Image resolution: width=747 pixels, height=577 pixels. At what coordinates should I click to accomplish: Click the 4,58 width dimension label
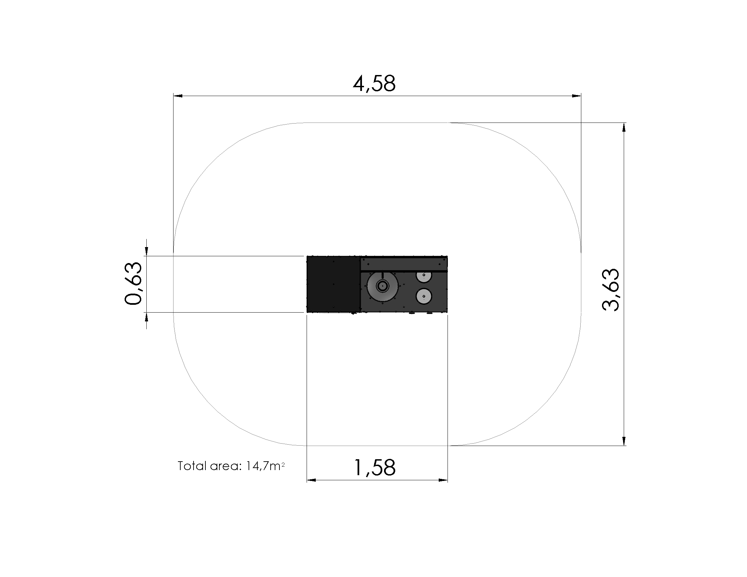coord(374,83)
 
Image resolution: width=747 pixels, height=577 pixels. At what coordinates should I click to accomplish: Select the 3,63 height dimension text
coord(611,290)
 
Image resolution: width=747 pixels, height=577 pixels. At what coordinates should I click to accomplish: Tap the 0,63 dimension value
coord(133,283)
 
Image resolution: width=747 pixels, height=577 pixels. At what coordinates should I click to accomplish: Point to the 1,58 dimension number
coord(375,468)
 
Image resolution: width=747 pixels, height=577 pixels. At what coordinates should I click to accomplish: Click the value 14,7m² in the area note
coord(265,466)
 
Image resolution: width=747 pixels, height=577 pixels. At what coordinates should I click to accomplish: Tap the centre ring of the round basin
coord(382,286)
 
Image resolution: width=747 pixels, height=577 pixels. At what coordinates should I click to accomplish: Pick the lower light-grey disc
coord(424,296)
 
